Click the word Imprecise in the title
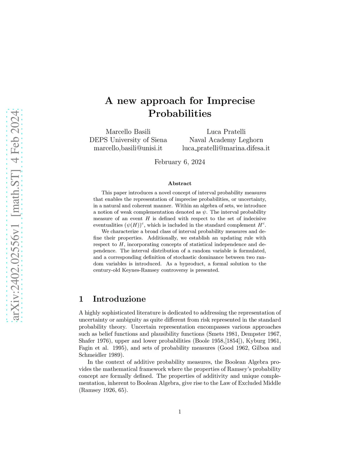(231, 101)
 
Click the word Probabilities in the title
(180, 114)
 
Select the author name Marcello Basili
(128, 132)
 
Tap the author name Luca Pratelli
(226, 132)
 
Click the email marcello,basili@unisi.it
(128, 148)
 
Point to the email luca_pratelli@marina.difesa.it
(226, 148)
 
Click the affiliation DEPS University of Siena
(128, 140)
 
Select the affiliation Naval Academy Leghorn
(226, 140)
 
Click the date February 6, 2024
(180, 162)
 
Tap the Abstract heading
(180, 184)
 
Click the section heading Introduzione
(119, 299)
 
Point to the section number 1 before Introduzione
(81, 299)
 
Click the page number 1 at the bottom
(180, 412)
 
